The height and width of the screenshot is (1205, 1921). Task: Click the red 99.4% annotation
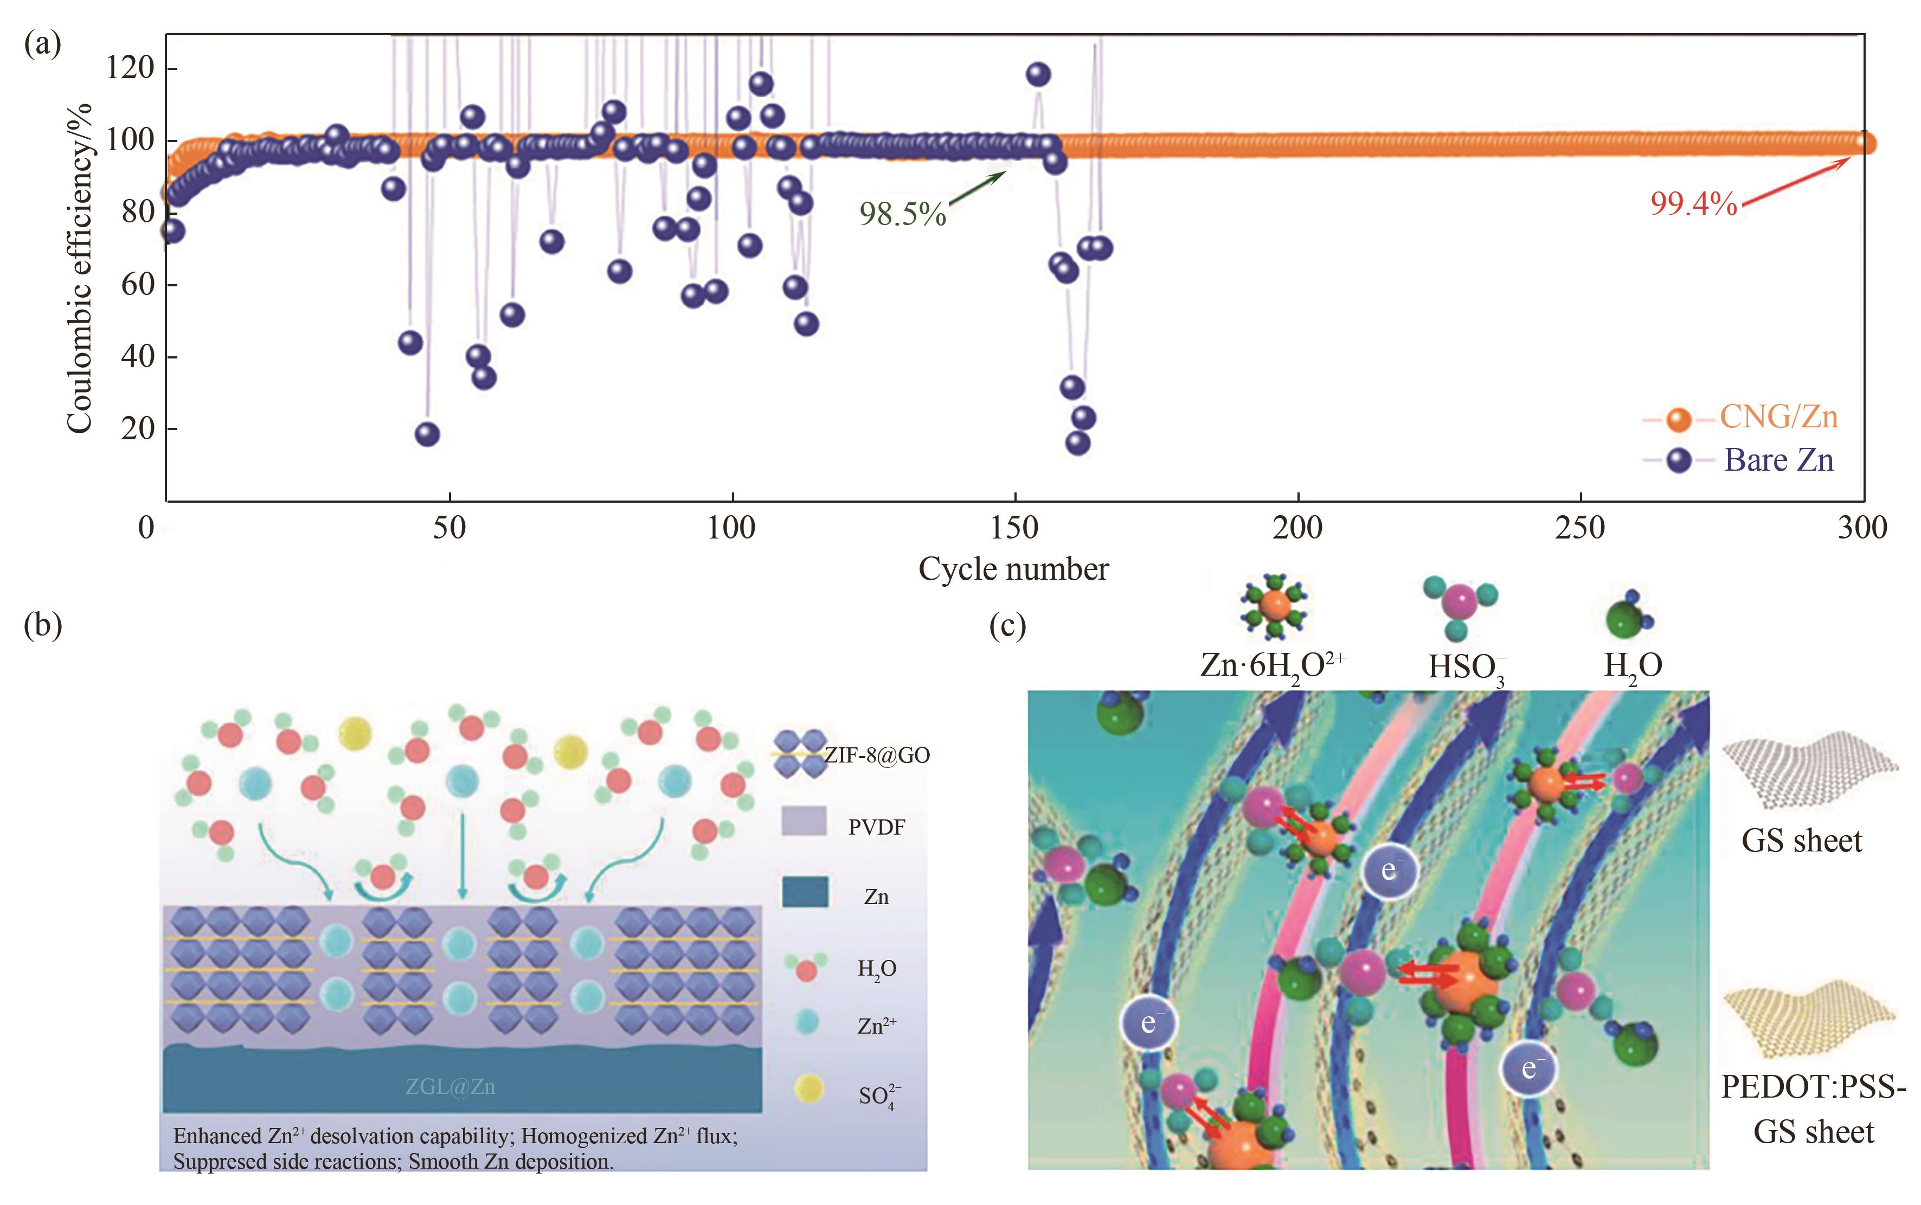pos(1693,204)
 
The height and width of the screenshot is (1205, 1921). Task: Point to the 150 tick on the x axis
pos(1014,528)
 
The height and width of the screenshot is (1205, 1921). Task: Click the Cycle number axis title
pos(1013,569)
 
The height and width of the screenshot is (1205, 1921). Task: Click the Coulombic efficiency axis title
pos(80,268)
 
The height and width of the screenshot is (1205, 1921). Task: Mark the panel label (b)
pos(43,626)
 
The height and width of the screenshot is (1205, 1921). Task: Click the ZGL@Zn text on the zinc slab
pos(450,1086)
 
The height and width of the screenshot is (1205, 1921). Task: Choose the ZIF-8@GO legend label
pos(876,755)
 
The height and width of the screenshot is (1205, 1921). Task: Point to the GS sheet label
pos(1802,841)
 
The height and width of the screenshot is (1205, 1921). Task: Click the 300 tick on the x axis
pos(1862,528)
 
